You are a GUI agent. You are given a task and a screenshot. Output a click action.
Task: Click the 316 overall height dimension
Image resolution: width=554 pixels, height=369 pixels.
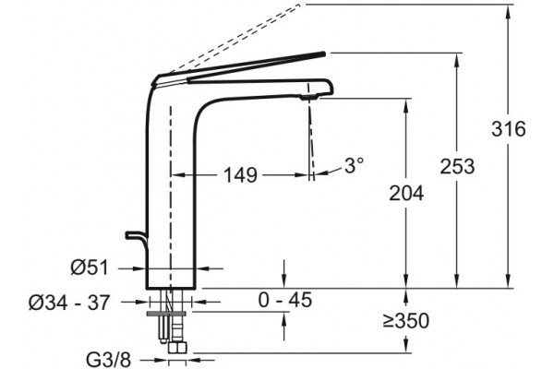[x=509, y=129]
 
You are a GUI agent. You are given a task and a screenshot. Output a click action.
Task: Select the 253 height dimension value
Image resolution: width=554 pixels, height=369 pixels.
[x=457, y=166]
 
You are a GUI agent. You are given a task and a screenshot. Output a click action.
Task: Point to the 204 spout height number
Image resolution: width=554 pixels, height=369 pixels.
[x=406, y=193]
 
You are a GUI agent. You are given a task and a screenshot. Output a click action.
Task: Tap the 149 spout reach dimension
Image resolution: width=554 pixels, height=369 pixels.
[x=241, y=174]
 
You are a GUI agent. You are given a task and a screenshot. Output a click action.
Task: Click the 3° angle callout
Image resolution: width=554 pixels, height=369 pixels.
[x=354, y=165]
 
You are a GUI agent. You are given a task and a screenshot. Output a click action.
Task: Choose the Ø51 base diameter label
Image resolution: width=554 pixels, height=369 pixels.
[x=90, y=268]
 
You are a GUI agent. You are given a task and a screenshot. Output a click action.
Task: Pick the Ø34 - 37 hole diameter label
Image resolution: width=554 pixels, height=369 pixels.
[x=69, y=303]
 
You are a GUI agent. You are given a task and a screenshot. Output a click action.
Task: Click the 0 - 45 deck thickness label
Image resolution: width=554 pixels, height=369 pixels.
[x=285, y=300]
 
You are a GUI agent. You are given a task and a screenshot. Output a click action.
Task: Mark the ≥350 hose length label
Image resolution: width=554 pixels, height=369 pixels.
[x=406, y=321]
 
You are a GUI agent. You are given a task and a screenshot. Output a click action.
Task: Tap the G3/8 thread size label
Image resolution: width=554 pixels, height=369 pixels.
[x=108, y=360]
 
